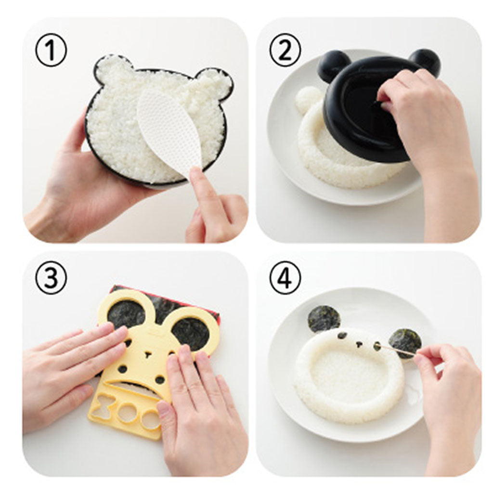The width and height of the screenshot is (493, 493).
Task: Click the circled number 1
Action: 51,51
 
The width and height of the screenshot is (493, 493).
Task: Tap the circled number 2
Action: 285,51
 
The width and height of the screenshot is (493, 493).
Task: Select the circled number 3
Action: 51,278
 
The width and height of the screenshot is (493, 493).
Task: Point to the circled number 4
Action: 285,278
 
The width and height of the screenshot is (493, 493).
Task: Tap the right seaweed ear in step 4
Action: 405,343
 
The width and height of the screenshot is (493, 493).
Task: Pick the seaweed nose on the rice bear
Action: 358,344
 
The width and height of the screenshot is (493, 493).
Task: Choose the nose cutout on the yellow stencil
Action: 147,355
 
